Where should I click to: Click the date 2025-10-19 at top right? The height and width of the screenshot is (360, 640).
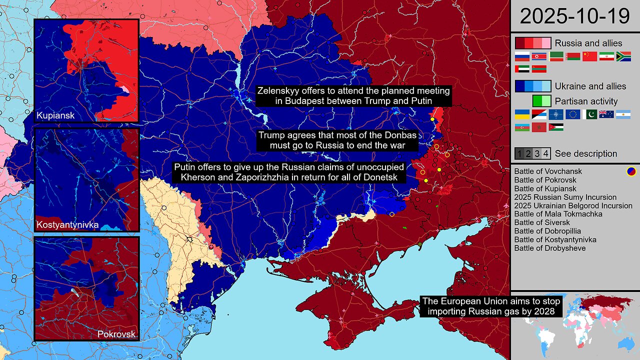click(x=574, y=16)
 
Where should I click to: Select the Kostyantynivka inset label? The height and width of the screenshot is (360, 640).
click(x=67, y=225)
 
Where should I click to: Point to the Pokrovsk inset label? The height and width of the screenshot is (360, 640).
click(x=116, y=334)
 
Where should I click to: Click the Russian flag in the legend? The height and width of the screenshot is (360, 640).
click(x=522, y=56)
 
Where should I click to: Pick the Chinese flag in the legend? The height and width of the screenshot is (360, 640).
click(x=590, y=56)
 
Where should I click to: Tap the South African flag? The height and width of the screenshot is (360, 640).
click(x=623, y=56)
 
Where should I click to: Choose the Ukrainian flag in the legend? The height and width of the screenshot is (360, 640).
click(x=522, y=114)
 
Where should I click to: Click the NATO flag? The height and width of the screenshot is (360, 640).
click(x=555, y=114)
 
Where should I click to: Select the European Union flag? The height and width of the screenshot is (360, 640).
click(x=572, y=114)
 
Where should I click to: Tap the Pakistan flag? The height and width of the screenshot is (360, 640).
click(x=589, y=114)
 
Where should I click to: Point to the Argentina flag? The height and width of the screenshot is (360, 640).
click(x=623, y=114)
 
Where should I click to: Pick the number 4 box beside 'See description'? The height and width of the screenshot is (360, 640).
click(x=546, y=153)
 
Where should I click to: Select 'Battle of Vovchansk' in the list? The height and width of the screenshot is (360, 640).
click(x=548, y=171)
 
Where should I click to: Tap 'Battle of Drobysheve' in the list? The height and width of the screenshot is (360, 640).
click(x=550, y=248)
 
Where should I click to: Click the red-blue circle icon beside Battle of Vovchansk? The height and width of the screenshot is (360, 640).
click(x=631, y=171)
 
